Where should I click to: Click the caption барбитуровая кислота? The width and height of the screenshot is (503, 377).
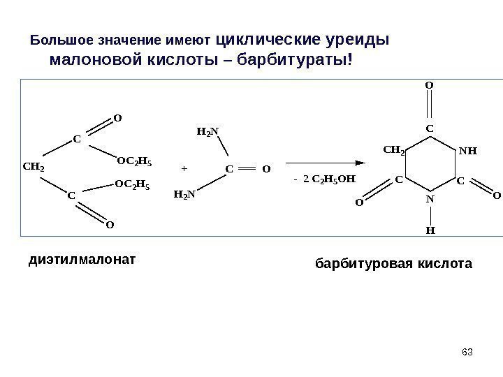pos(394,265)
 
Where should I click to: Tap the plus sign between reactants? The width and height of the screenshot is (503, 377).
pos(184,169)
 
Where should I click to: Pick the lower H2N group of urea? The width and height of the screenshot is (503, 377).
pos(184,195)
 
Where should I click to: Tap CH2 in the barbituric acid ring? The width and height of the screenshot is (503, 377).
pos(395,149)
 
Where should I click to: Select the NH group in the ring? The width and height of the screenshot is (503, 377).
pos(467,149)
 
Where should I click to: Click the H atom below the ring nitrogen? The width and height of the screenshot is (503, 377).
pos(430,228)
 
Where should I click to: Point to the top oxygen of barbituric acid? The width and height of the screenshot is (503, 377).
pos(429,87)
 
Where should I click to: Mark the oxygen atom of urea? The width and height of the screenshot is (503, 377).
pos(266,170)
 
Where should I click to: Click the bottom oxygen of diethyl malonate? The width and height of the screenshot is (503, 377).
pos(109,226)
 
